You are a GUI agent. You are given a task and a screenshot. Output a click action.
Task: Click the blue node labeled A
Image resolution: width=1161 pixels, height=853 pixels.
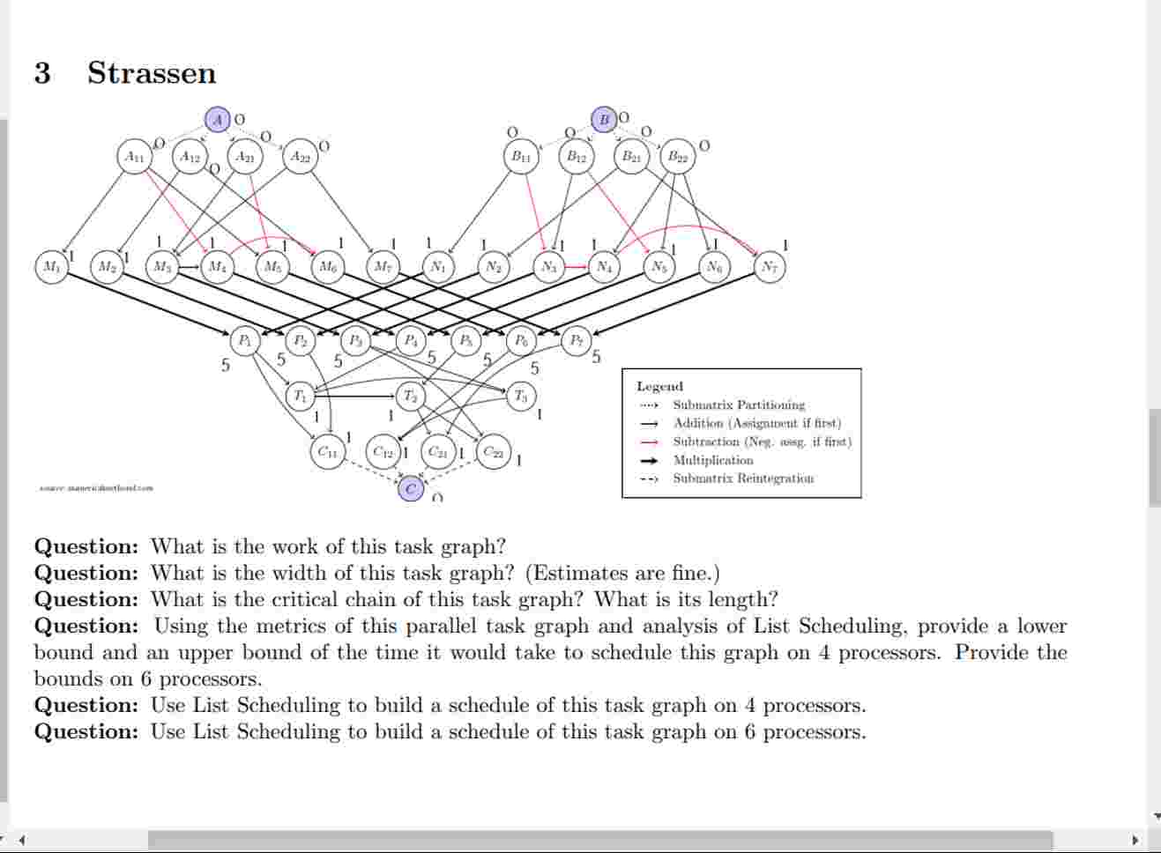(x=218, y=119)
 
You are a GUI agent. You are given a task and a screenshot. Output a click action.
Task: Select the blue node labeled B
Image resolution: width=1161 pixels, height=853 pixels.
(x=604, y=119)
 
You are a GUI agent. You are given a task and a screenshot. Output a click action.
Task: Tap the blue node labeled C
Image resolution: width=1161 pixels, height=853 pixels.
(x=410, y=488)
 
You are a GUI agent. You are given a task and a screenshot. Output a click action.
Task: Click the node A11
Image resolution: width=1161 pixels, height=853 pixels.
(x=134, y=157)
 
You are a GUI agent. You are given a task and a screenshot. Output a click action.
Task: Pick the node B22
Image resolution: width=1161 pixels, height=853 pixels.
(x=677, y=157)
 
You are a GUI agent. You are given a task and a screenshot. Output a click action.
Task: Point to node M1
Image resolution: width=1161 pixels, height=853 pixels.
(x=51, y=266)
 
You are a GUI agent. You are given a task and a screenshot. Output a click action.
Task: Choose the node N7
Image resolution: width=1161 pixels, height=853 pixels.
(x=769, y=266)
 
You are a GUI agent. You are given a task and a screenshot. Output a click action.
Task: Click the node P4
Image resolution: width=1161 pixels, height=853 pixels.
(x=411, y=340)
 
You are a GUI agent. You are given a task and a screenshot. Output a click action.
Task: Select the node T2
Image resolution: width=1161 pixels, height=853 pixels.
(x=410, y=396)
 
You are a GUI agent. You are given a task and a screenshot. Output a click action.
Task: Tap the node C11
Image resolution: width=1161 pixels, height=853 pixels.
(x=327, y=452)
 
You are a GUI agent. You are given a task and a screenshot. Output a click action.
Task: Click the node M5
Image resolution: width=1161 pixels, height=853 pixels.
(x=272, y=266)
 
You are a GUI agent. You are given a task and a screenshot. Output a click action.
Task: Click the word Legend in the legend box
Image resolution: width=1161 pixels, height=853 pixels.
(x=659, y=386)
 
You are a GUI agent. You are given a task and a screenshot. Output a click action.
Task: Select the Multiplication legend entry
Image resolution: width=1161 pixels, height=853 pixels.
(x=712, y=460)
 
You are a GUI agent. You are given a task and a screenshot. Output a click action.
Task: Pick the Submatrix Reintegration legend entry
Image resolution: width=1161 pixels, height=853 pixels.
(x=742, y=478)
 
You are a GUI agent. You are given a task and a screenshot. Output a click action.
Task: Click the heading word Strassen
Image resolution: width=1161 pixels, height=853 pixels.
(x=152, y=72)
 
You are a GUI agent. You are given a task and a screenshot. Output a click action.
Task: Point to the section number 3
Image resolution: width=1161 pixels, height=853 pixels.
(x=42, y=72)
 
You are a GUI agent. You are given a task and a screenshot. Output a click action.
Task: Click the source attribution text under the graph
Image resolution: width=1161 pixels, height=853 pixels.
(x=96, y=487)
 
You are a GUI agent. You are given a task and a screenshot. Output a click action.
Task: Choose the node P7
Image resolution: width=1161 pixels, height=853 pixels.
(x=576, y=340)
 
